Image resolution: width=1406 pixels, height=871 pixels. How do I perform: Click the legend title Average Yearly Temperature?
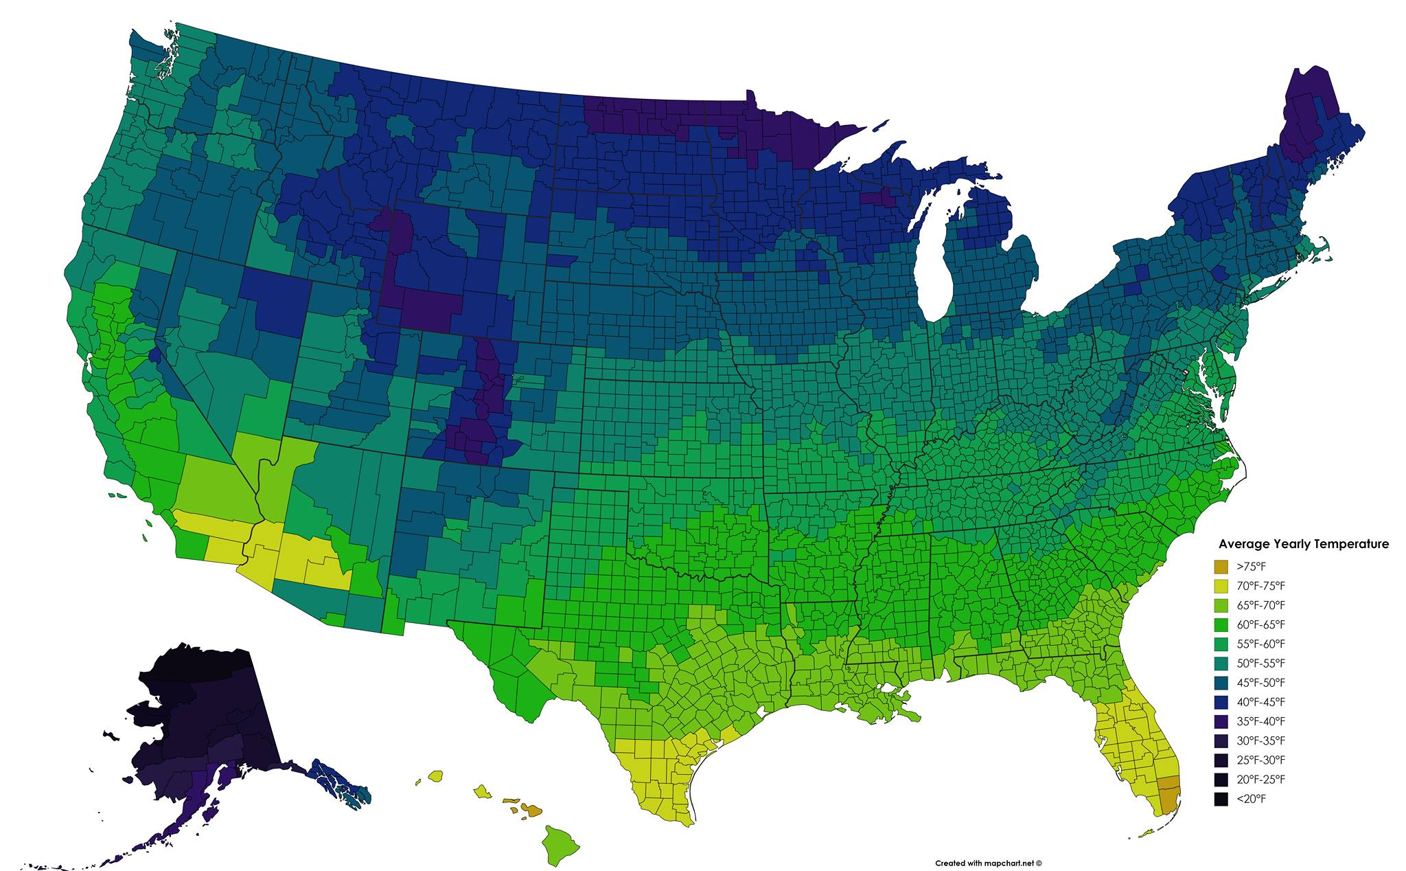tap(1304, 544)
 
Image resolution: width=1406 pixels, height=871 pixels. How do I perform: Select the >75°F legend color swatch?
tap(1221, 567)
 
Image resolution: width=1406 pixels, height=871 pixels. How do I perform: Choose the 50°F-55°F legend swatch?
tap(1221, 664)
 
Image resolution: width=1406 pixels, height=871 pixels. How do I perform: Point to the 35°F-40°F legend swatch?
tap(1221, 721)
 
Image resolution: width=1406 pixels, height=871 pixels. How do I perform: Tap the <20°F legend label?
tap(1252, 799)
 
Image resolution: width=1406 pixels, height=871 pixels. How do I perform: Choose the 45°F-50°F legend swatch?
tap(1221, 683)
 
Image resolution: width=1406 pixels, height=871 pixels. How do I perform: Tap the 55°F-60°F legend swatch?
tap(1221, 644)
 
